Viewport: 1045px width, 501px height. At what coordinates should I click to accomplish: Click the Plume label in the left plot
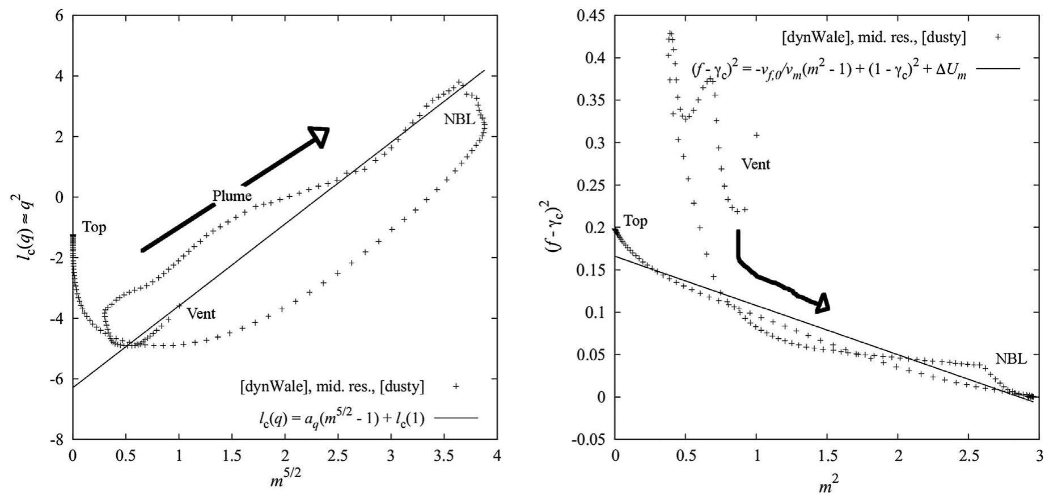[x=232, y=196]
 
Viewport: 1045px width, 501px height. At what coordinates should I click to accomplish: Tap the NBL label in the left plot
[x=459, y=120]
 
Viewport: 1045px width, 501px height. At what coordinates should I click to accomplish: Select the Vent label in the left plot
[x=201, y=313]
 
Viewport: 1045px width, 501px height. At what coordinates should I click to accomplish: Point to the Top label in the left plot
[x=94, y=228]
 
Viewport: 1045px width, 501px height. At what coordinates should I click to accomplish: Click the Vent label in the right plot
[x=756, y=165]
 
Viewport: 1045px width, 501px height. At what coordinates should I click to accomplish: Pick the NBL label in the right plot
[x=1011, y=359]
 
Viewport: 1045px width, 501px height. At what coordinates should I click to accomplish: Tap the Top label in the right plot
[x=635, y=221]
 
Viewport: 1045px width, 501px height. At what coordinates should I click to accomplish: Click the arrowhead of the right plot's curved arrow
[x=823, y=304]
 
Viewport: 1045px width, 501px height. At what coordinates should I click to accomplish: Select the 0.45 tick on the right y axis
[x=591, y=16]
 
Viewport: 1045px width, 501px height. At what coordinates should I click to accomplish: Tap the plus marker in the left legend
[x=455, y=386]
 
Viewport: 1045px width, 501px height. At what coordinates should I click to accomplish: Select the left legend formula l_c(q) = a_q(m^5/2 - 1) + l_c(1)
[x=339, y=419]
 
